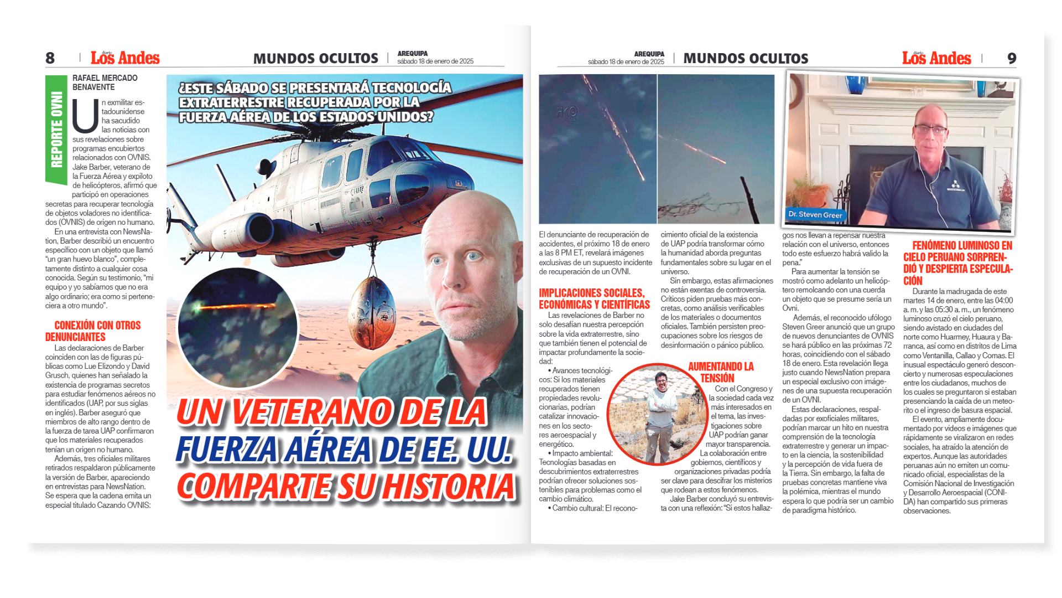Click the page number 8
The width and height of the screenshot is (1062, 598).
(x=50, y=58)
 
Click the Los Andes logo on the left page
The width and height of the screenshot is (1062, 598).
(x=125, y=58)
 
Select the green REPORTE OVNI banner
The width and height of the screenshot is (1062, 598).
(x=56, y=130)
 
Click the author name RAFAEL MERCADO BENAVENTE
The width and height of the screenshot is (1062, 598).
(x=105, y=83)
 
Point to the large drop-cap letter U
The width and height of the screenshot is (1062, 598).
(x=85, y=116)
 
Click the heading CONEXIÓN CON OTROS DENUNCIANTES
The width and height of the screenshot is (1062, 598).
(x=93, y=331)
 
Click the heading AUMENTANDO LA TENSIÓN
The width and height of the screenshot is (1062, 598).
(x=720, y=372)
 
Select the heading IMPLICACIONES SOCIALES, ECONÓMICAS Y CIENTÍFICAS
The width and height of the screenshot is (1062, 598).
(x=594, y=298)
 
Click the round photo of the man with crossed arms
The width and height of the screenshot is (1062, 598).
(x=657, y=413)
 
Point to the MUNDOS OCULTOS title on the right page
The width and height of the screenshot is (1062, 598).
(x=746, y=59)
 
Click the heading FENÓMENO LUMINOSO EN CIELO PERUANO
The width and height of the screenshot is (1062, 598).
(x=958, y=262)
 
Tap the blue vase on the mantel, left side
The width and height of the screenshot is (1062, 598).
(x=856, y=84)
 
